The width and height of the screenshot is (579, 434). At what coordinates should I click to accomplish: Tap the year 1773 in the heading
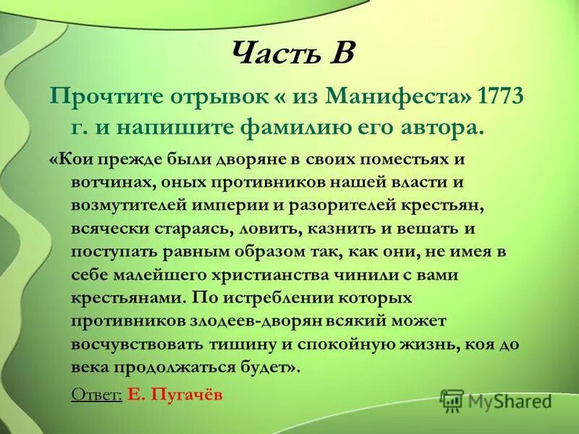point(493,97)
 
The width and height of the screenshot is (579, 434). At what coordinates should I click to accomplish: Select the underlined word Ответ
point(96,395)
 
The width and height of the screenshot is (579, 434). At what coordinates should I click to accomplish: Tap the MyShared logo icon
point(452,400)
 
